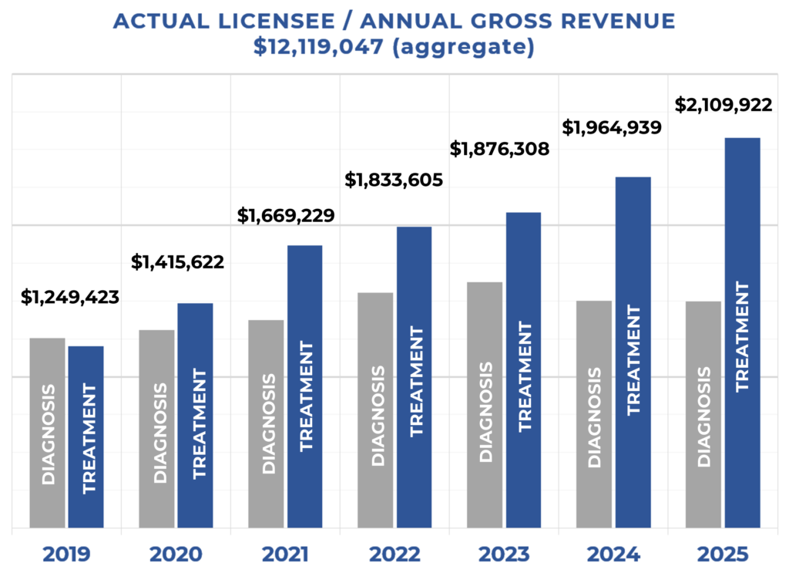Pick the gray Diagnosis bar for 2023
pos(485,406)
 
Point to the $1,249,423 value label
pos(70,297)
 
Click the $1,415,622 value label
pos(178,262)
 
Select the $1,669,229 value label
pos(286,215)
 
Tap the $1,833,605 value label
pos(394,180)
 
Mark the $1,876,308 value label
pos(500,149)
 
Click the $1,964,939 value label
pos(612,127)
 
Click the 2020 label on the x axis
pos(176,554)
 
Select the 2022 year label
pos(394,554)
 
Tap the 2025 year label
pos(723,554)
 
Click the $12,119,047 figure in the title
pos(321,48)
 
